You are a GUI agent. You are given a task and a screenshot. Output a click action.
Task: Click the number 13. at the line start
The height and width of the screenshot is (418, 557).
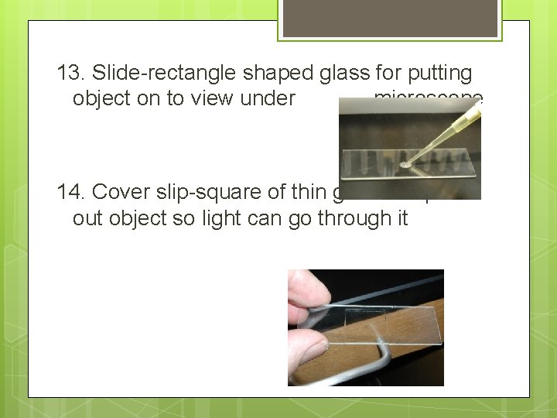click(71, 74)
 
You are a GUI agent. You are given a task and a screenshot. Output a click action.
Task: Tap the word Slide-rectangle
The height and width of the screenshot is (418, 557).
click(164, 74)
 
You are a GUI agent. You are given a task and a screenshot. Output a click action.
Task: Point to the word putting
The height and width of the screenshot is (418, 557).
click(439, 74)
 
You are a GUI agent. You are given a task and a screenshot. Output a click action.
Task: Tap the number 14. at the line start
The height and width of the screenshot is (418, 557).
click(71, 193)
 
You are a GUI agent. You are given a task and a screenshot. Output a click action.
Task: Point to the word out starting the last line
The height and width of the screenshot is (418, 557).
click(87, 218)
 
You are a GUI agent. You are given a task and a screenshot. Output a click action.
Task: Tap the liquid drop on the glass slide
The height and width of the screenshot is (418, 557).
click(406, 164)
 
